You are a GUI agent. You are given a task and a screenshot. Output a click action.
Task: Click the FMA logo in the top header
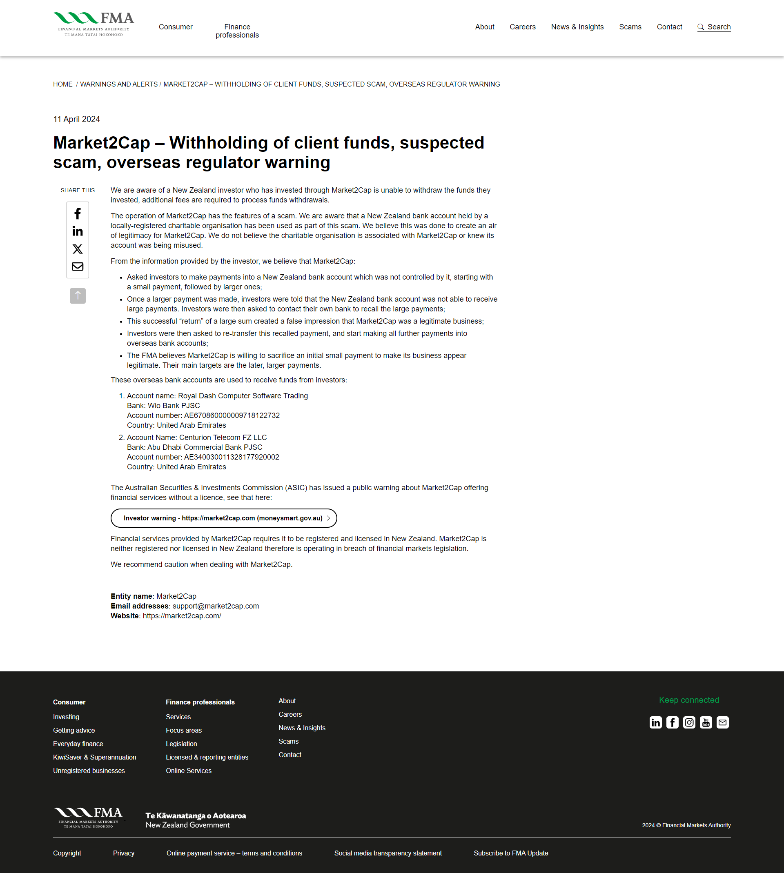(94, 24)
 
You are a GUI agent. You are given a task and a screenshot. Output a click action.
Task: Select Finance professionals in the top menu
(237, 31)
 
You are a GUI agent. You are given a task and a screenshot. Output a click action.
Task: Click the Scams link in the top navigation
(630, 27)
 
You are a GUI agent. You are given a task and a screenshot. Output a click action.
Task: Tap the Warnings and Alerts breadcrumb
(119, 84)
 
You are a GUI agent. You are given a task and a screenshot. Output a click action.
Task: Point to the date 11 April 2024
(77, 119)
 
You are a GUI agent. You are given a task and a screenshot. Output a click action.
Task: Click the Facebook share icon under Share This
(78, 213)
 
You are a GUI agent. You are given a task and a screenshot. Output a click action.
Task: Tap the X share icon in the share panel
(78, 249)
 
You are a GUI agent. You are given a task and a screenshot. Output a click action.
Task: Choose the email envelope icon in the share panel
(78, 267)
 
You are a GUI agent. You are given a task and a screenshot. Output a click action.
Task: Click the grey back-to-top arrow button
(78, 296)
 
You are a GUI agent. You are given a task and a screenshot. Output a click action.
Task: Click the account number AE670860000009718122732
(232, 415)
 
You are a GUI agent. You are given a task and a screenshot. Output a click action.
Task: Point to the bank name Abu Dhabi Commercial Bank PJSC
(205, 447)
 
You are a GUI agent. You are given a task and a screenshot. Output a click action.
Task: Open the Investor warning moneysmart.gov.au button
(224, 518)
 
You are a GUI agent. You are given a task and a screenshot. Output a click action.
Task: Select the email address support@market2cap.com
(216, 606)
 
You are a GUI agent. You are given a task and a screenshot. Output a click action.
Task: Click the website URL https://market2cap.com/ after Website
(182, 616)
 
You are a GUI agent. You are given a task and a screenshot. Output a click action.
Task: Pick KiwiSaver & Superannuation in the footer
(94, 757)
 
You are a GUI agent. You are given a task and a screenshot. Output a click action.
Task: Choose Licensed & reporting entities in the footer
(207, 757)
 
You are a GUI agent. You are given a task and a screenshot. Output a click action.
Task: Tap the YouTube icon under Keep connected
(706, 722)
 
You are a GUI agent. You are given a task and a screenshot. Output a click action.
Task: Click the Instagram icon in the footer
(689, 722)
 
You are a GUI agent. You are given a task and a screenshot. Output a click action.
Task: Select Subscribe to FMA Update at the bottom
(511, 853)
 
